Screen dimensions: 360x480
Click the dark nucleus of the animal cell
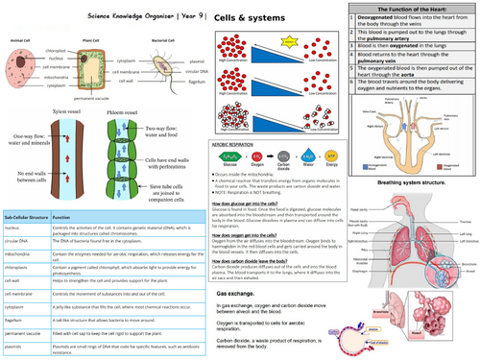pos(26,74)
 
